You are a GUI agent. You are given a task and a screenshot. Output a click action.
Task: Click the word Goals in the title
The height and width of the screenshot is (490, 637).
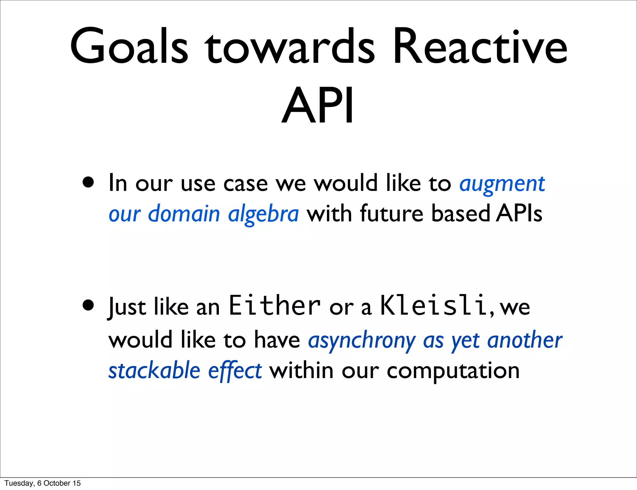pos(129,47)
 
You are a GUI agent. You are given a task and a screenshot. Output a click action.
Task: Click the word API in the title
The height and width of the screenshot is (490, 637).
pos(318,106)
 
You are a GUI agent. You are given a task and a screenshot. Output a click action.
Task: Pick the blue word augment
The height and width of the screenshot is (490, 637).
pos(502,184)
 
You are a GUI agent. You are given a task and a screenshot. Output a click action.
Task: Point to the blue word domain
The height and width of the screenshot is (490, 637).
pos(184,214)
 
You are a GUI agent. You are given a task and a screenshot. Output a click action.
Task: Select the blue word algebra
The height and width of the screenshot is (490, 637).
pos(263,214)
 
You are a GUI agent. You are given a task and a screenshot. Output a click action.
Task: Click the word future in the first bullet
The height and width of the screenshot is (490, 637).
pos(392,214)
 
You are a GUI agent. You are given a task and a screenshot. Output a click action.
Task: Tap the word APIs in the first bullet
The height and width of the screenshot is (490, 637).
pos(519,214)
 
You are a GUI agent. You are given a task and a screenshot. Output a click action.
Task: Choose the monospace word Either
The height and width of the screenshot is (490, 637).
pos(274,305)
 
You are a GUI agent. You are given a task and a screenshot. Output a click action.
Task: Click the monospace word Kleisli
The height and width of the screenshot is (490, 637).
pos(433,305)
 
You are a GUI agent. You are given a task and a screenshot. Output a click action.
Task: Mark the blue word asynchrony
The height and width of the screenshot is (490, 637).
pos(362,341)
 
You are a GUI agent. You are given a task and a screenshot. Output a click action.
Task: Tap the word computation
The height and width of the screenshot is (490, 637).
pos(453,371)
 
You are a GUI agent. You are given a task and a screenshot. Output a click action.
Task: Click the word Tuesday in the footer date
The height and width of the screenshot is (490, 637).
pos(19,483)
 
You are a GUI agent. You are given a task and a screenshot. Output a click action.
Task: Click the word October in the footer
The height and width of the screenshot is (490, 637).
pos(57,483)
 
